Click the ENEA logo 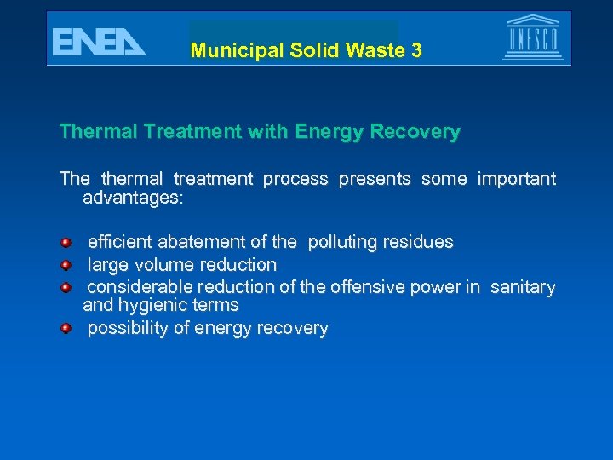tap(99, 41)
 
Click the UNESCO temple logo tap(534, 37)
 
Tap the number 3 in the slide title tap(416, 50)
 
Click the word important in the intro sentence tap(517, 179)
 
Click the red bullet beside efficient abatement tap(66, 242)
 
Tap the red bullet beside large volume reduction tap(66, 265)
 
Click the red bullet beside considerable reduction tap(66, 287)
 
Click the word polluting tap(342, 242)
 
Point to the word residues tap(418, 242)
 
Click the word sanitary tap(523, 287)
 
